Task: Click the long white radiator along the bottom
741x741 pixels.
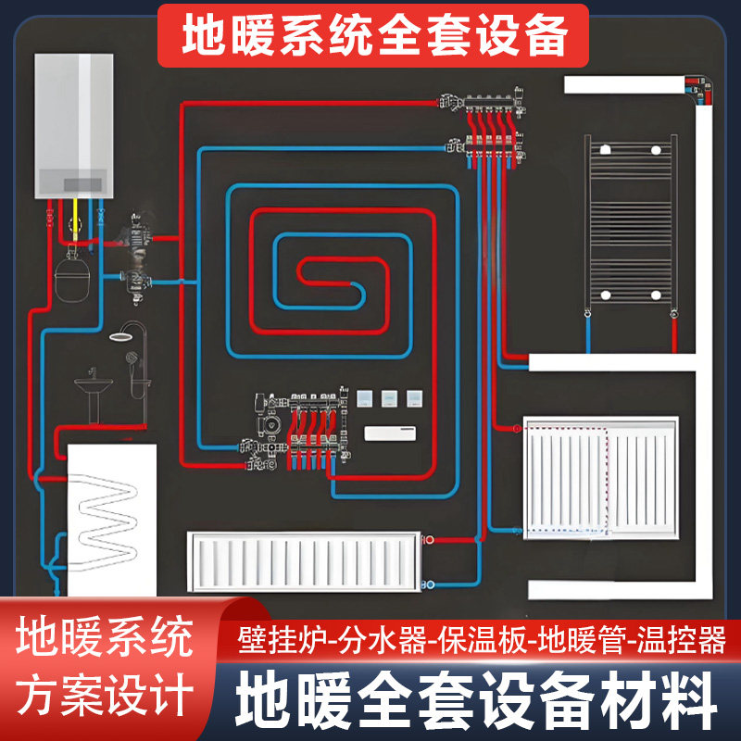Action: pyautogui.click(x=304, y=562)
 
